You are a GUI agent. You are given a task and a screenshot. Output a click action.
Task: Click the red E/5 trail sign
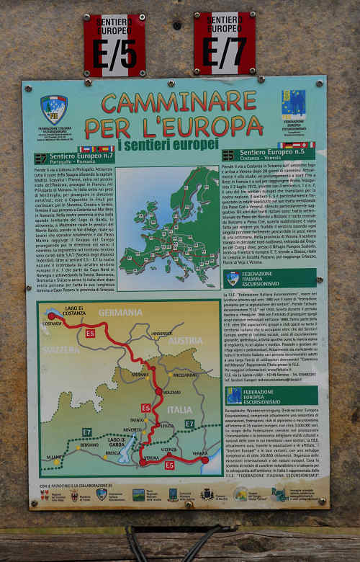click(x=114, y=45)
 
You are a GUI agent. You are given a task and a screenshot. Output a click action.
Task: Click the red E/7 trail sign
click(x=225, y=43)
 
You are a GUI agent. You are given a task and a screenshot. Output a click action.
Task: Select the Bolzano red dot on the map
click(x=158, y=391)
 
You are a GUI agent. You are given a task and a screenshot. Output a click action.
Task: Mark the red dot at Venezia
click(x=204, y=459)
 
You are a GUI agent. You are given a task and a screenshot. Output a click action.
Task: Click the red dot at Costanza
click(x=51, y=316)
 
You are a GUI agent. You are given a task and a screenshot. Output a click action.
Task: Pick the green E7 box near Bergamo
click(x=86, y=432)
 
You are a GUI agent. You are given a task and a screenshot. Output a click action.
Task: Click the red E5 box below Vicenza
click(x=169, y=465)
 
